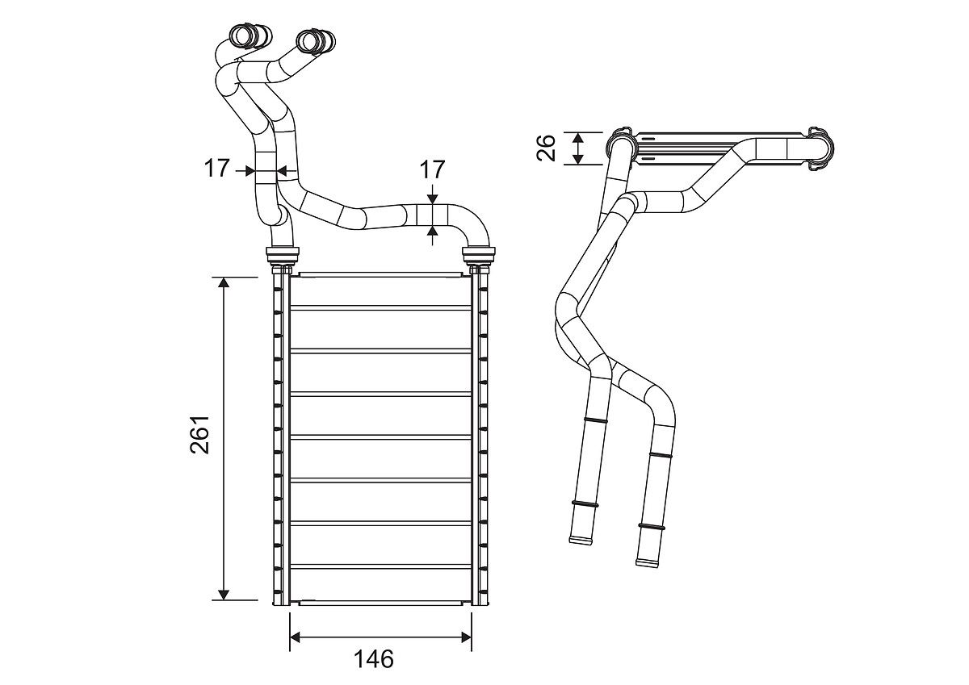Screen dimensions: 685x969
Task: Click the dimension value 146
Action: point(374,658)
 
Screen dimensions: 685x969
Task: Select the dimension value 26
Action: point(547,148)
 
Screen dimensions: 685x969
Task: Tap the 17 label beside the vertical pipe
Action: point(216,169)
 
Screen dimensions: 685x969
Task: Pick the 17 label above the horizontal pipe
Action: point(433,169)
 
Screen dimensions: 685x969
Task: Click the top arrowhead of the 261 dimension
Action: point(224,283)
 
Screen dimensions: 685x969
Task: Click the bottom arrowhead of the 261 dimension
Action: point(224,594)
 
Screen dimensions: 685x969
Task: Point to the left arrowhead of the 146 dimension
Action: point(296,638)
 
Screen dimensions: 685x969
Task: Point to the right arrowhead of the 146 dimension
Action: point(465,638)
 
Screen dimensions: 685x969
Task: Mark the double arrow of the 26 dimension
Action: point(578,148)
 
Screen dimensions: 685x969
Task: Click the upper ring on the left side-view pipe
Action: point(595,420)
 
